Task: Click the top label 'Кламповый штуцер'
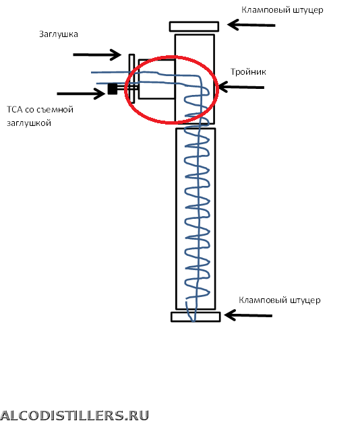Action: pyautogui.click(x=282, y=10)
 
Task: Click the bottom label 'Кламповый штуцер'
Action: pyautogui.click(x=280, y=300)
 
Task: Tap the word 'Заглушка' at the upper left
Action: pyautogui.click(x=59, y=34)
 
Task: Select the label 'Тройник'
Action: pyautogui.click(x=248, y=71)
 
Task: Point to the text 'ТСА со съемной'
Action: pyautogui.click(x=40, y=109)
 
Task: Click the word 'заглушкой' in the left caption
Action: pyautogui.click(x=29, y=123)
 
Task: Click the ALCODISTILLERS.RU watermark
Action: pyautogui.click(x=74, y=416)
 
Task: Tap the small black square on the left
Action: pyautogui.click(x=113, y=89)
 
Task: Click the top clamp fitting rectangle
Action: pyautogui.click(x=194, y=26)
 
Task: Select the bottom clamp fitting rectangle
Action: pyautogui.click(x=196, y=317)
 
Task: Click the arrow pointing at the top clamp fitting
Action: pyautogui.click(x=251, y=25)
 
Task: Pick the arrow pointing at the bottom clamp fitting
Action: pyautogui.click(x=248, y=315)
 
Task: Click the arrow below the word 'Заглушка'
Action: pyautogui.click(x=97, y=55)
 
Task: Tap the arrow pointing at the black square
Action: pyautogui.click(x=81, y=94)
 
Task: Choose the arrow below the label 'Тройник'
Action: pyautogui.click(x=241, y=87)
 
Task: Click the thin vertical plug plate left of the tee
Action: pyautogui.click(x=131, y=79)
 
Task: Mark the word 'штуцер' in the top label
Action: pyautogui.click(x=308, y=10)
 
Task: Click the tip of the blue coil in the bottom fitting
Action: pyautogui.click(x=193, y=321)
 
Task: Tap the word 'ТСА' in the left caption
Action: pyautogui.click(x=15, y=109)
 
